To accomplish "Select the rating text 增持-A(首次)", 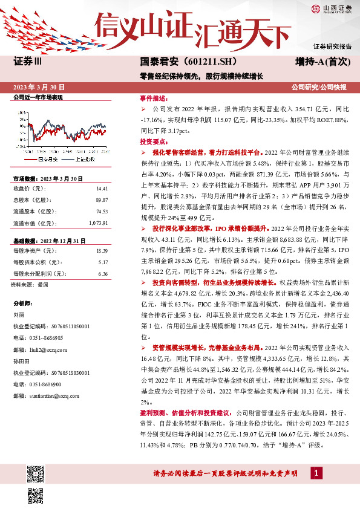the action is pos(320,62).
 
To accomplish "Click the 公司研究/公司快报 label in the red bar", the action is pos(318,87).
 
